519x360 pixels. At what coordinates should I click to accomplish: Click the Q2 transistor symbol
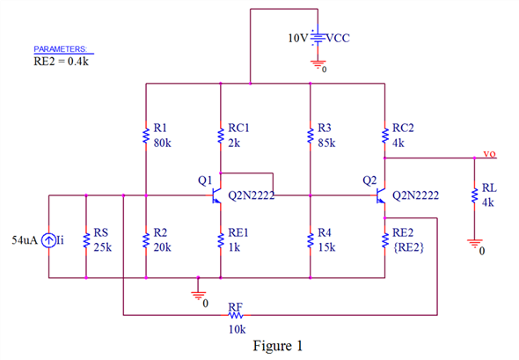pos(381,195)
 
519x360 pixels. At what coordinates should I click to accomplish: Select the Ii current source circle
pos(48,240)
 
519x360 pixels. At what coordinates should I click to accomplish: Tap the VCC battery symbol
pos(318,38)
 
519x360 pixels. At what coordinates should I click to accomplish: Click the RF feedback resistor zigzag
pos(236,315)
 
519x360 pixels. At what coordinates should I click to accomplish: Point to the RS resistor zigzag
pos(86,240)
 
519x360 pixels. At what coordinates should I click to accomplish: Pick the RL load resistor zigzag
pos(474,195)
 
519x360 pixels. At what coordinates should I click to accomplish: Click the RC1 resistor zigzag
pos(221,136)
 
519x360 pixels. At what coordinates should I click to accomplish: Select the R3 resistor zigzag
pos(311,136)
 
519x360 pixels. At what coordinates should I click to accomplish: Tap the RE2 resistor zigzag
pos(384,240)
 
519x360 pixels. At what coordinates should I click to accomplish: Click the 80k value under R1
pos(162,143)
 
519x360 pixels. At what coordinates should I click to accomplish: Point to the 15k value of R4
pos(326,247)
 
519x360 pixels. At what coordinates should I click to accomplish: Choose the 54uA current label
pos(25,240)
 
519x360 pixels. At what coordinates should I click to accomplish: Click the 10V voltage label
pos(298,38)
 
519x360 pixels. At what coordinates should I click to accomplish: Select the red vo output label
pos(490,154)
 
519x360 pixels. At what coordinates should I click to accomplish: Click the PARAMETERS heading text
pos(60,49)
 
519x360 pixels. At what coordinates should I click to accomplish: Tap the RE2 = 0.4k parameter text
pos(61,62)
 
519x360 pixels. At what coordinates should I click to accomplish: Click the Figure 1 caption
pos(278,346)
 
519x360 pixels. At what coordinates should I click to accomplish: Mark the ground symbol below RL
pos(475,244)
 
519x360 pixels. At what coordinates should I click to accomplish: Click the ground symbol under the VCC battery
pos(318,64)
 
